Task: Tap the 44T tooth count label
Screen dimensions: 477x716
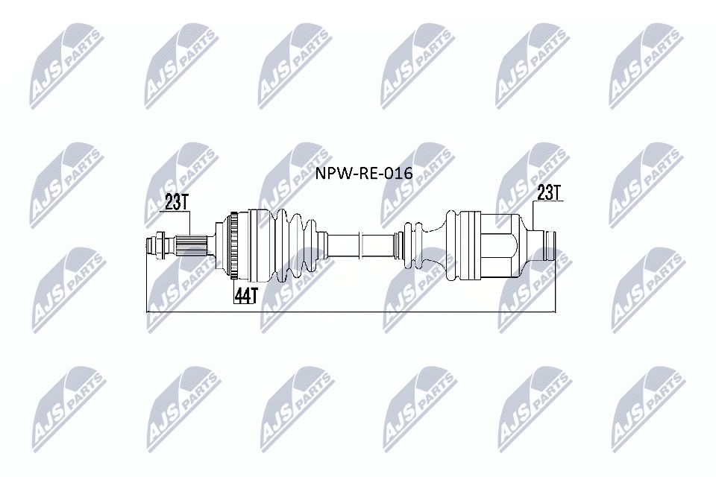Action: coord(245,295)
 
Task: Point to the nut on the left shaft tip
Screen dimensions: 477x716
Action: coord(157,244)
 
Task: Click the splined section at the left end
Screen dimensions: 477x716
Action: coord(191,244)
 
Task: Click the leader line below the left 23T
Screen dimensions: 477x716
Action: coord(191,222)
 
